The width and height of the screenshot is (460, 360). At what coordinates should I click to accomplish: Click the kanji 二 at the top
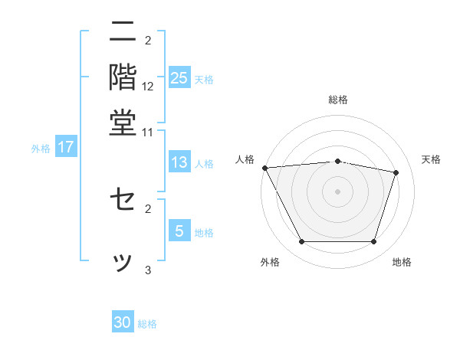pyautogui.click(x=123, y=34)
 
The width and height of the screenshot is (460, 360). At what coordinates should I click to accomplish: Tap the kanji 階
pyautogui.click(x=123, y=77)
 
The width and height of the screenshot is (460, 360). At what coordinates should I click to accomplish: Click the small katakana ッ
pyautogui.click(x=123, y=260)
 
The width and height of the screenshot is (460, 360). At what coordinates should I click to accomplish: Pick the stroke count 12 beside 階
pyautogui.click(x=148, y=86)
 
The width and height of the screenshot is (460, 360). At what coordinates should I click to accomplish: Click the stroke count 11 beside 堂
pyautogui.click(x=148, y=133)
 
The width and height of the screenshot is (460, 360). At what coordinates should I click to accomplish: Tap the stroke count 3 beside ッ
pyautogui.click(x=148, y=270)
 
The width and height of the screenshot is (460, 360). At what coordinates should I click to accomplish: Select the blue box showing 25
pyautogui.click(x=179, y=77)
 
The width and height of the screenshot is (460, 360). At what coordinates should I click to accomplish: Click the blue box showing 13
pyautogui.click(x=179, y=162)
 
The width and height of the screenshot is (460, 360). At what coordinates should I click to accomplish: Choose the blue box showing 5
pyautogui.click(x=179, y=231)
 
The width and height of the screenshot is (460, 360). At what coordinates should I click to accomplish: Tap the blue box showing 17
pyautogui.click(x=65, y=147)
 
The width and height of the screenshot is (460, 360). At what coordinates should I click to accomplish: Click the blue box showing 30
pyautogui.click(x=123, y=322)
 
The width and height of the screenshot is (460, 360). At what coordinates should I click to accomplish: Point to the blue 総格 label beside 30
pyautogui.click(x=147, y=324)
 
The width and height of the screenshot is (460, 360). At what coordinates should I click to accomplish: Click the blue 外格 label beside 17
pyautogui.click(x=41, y=149)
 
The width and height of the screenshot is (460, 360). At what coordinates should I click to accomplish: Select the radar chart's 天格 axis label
pyautogui.click(x=431, y=159)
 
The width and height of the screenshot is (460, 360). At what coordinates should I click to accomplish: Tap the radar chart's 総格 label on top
pyautogui.click(x=338, y=100)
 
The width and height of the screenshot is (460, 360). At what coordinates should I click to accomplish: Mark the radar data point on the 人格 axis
pyautogui.click(x=264, y=168)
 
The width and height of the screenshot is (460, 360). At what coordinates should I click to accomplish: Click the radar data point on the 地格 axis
pyautogui.click(x=374, y=242)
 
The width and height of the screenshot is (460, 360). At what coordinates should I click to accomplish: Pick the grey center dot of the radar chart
pyautogui.click(x=337, y=191)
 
